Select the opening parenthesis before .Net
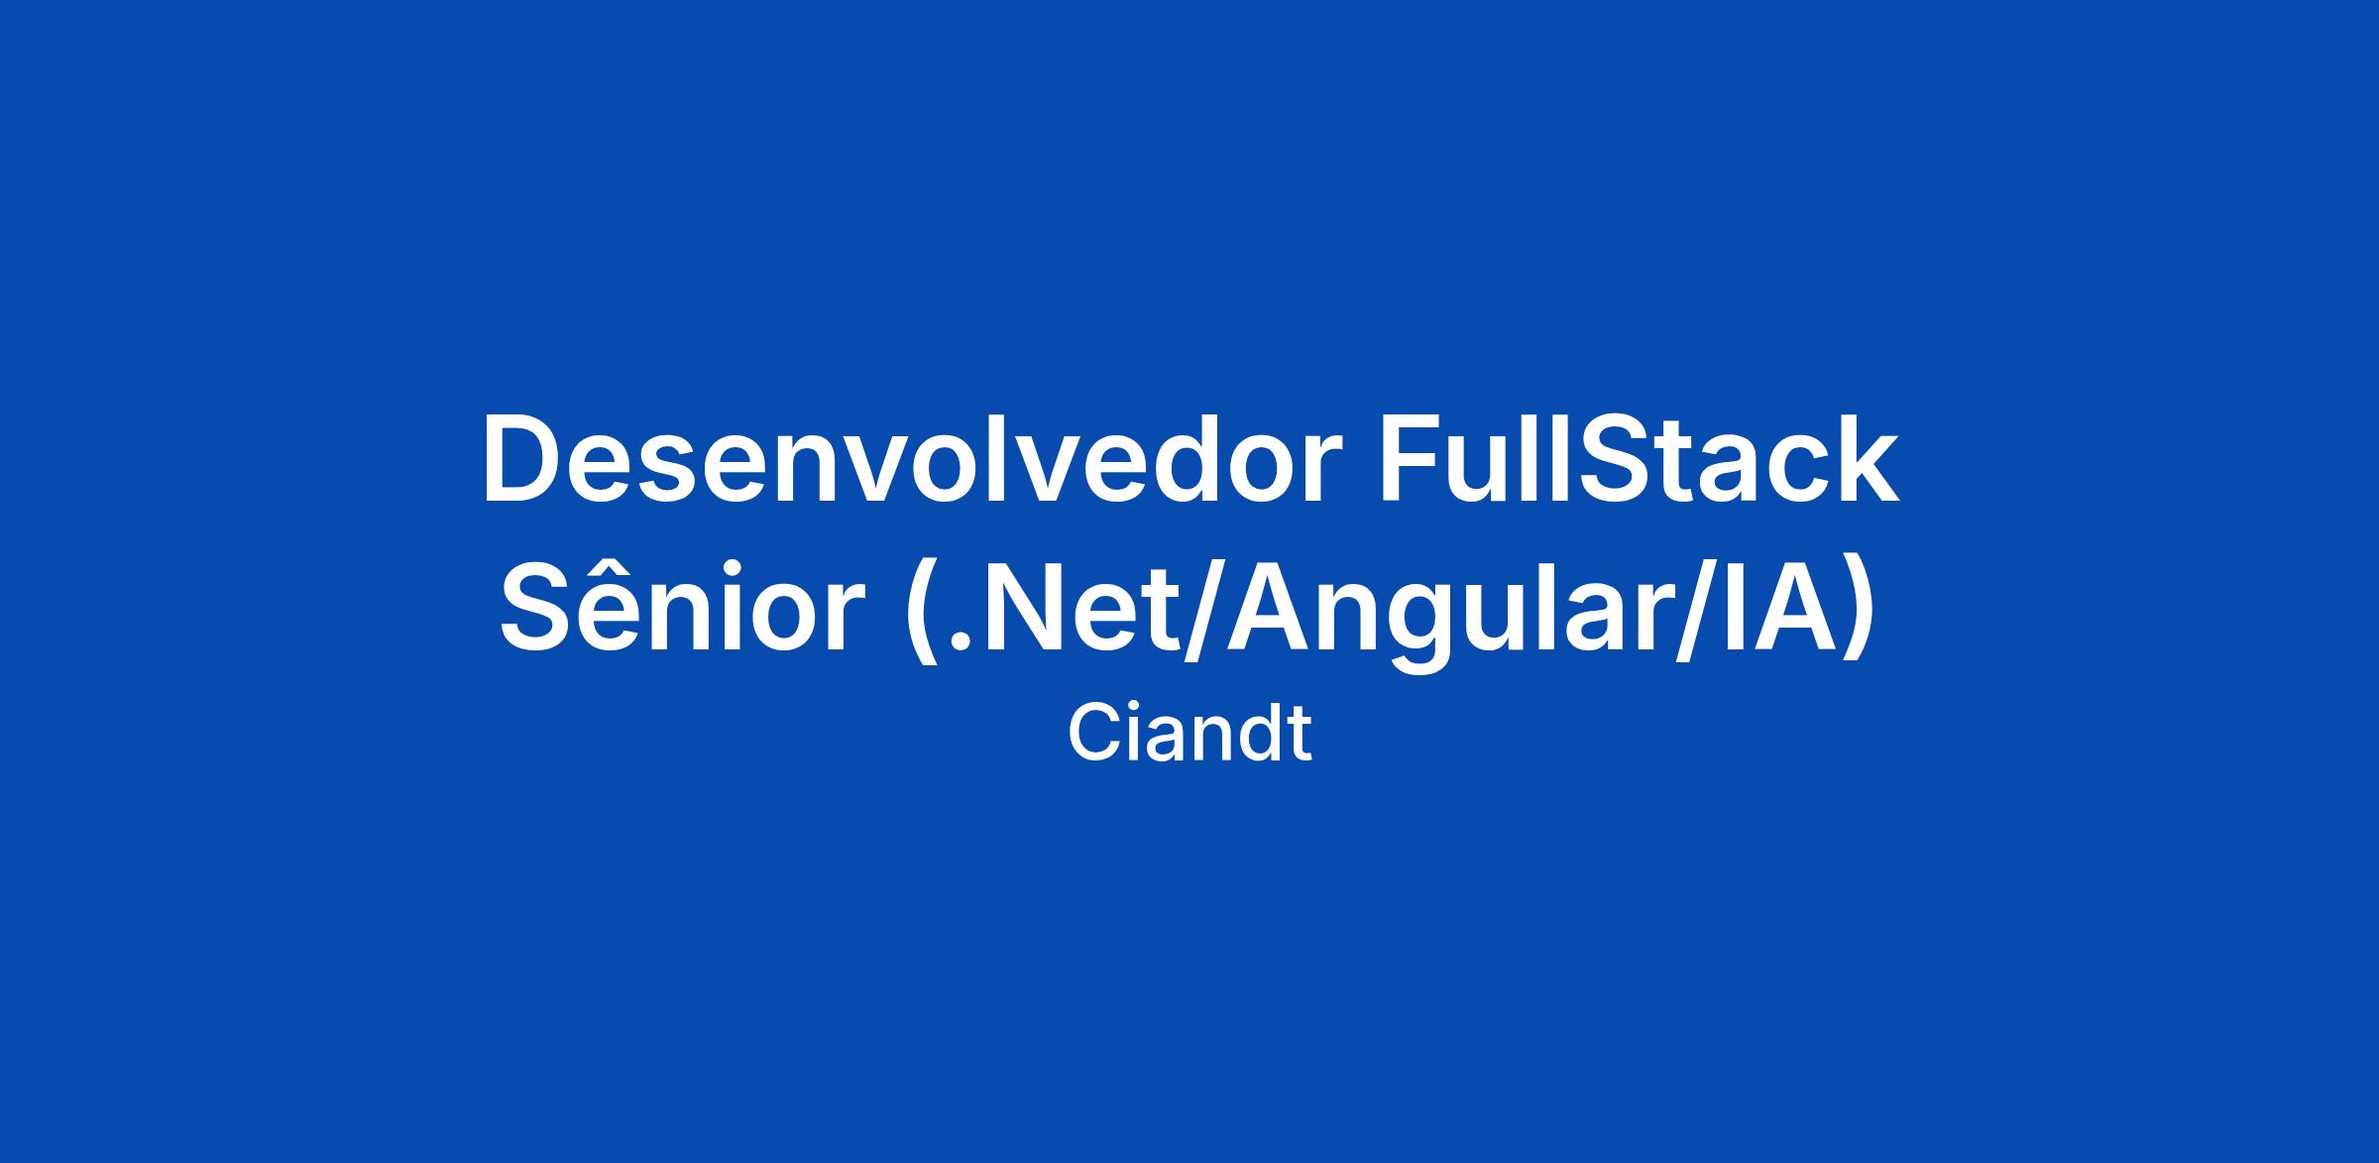click(x=924, y=612)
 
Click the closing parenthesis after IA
click(x=1858, y=612)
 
